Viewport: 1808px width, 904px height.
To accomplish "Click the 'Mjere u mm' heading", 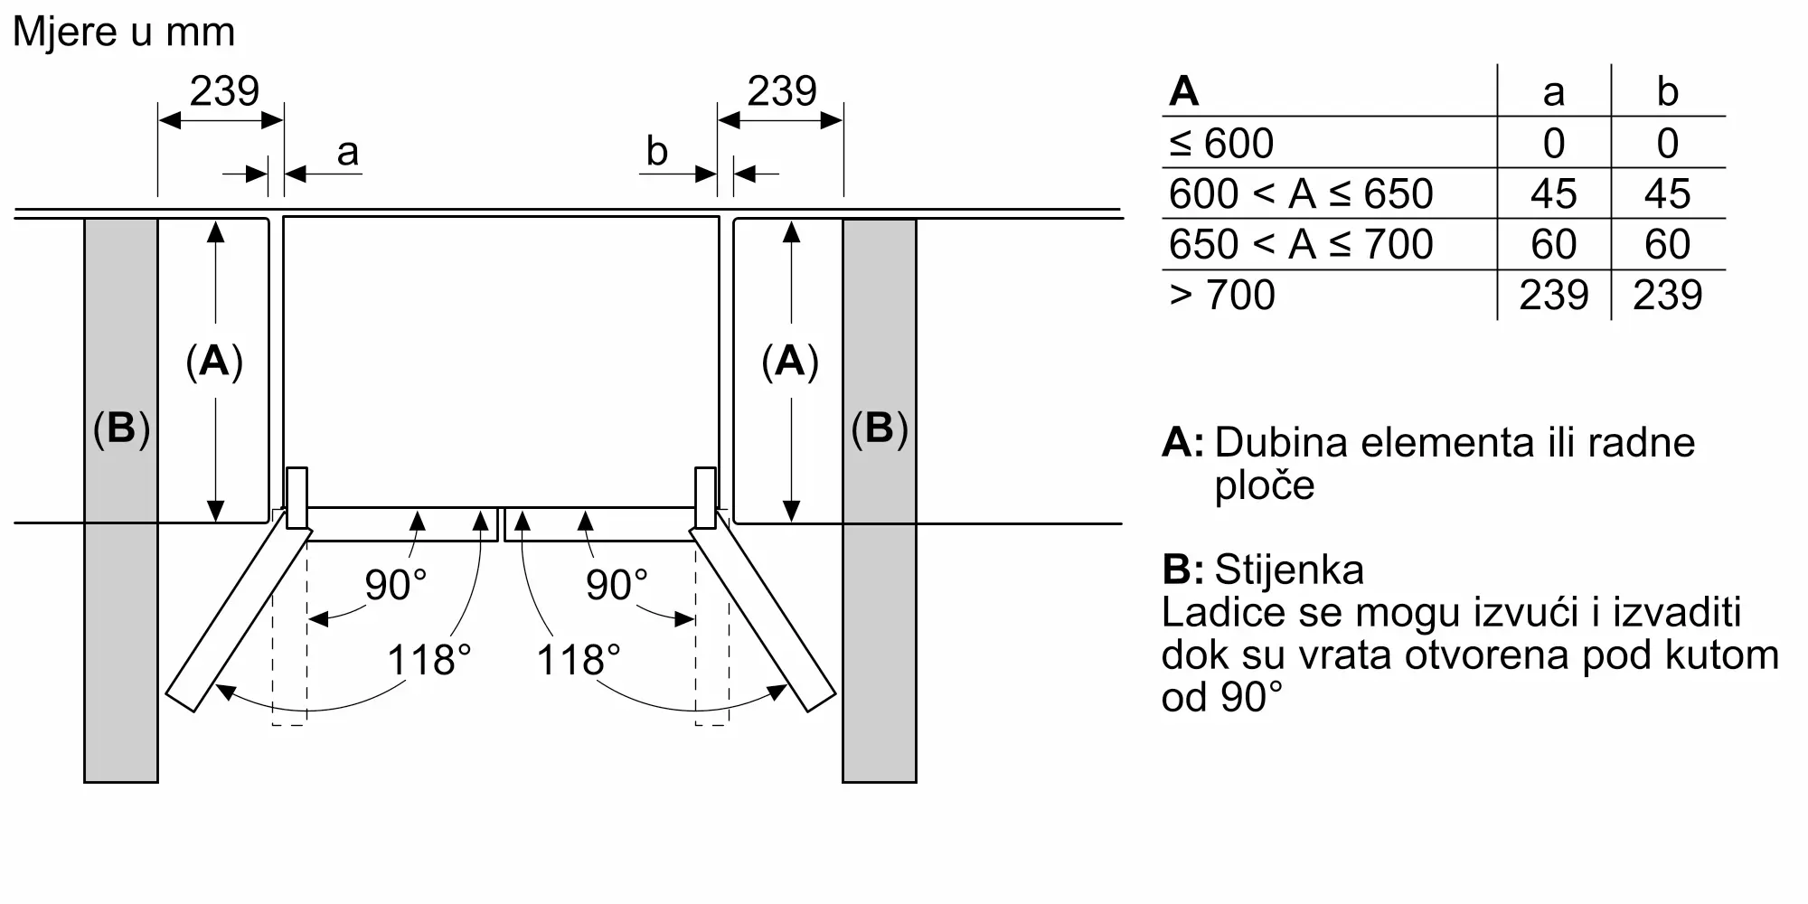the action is pos(124,33).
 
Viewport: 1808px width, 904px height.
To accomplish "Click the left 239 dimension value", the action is pos(224,91).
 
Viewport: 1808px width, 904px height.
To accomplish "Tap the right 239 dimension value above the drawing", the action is pos(782,91).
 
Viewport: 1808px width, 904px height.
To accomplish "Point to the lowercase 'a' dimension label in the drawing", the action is pos(347,153).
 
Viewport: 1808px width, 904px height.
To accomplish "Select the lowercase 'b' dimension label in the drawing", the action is pos(657,151).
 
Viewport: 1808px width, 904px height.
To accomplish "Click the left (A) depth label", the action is pos(214,361).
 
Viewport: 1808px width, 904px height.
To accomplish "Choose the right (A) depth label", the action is pos(790,361).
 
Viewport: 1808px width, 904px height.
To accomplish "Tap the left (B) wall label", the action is pos(121,428).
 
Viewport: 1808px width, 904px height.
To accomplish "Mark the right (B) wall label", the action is pos(880,428).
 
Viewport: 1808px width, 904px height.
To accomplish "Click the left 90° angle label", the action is pos(395,585).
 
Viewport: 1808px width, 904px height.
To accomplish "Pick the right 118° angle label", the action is pos(579,660).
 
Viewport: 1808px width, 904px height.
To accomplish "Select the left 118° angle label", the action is pos(429,660).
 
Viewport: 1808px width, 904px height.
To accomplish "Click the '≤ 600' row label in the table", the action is pos(1221,144).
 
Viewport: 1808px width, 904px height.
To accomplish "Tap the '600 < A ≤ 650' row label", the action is pos(1301,194).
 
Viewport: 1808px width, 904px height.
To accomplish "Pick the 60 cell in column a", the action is pos(1554,245).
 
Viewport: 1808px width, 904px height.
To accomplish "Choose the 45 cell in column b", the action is pos(1668,194).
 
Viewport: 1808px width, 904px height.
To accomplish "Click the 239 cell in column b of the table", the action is pos(1668,296).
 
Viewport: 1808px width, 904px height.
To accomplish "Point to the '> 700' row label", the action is pos(1222,296).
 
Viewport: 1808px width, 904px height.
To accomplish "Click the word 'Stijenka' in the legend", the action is pos(1289,570).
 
